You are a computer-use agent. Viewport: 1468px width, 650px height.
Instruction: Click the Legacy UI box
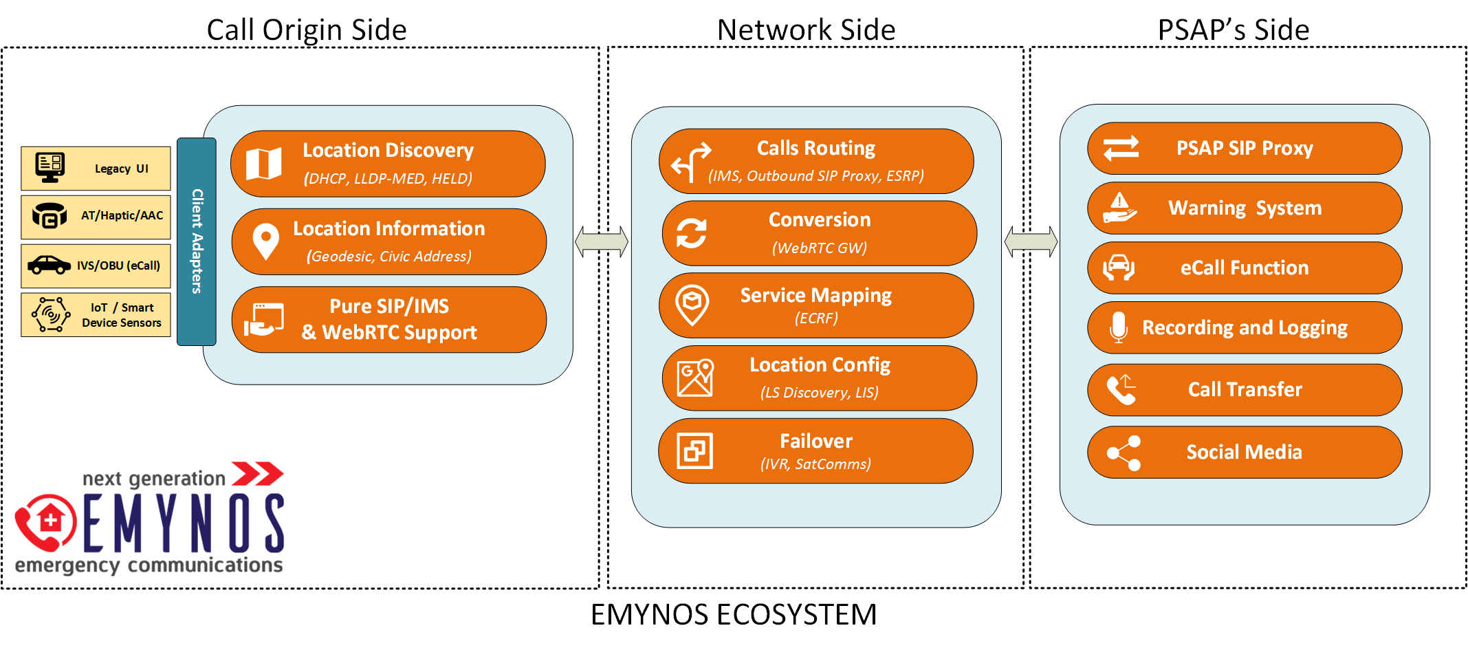tap(96, 169)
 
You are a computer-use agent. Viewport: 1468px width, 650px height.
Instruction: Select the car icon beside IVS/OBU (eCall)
tap(49, 265)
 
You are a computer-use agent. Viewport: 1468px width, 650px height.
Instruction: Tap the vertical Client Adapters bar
tap(197, 241)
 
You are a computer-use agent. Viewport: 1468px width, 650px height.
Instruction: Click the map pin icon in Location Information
tap(265, 241)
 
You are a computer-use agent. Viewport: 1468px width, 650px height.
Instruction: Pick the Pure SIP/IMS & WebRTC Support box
tap(389, 320)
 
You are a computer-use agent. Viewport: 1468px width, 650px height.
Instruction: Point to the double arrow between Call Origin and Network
tap(602, 242)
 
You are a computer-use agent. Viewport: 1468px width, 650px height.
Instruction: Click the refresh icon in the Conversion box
tap(691, 233)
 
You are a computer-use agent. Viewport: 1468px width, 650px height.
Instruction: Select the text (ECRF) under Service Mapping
tap(816, 318)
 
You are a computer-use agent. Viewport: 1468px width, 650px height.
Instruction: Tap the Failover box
tap(815, 451)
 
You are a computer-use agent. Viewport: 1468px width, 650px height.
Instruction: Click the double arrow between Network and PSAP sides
tap(1031, 242)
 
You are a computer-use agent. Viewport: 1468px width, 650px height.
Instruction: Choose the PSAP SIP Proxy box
tap(1245, 149)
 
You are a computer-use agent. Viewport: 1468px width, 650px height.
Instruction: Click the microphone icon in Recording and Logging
tap(1119, 327)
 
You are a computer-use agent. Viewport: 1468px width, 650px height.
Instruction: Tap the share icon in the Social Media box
tap(1124, 453)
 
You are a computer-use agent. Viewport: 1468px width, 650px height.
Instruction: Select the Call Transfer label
tap(1245, 390)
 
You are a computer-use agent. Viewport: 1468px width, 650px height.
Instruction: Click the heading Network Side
tap(806, 30)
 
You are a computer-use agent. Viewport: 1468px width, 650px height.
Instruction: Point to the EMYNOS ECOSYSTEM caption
tap(734, 614)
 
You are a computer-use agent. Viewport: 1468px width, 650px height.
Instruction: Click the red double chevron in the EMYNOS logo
tap(257, 474)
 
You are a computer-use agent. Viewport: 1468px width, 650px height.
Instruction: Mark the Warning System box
tap(1245, 208)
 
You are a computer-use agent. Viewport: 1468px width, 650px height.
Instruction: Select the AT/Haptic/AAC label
tap(122, 216)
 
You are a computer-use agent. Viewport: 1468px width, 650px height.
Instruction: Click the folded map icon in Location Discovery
tap(264, 164)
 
